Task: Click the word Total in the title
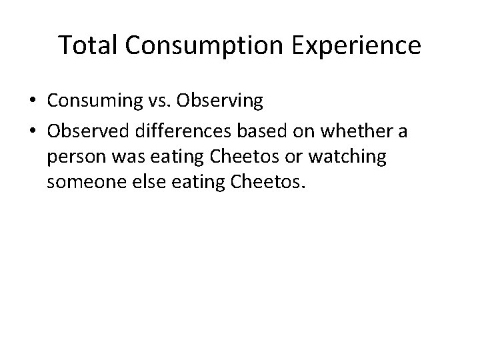tap(87, 46)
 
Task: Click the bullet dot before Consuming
tap(33, 102)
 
